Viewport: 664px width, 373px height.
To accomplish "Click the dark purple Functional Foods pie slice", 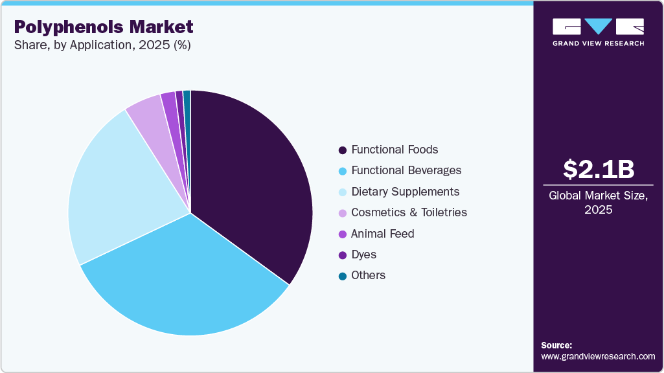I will click(253, 181).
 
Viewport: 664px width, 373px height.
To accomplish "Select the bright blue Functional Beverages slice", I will click(188, 278).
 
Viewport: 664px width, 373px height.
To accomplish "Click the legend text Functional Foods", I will click(395, 150).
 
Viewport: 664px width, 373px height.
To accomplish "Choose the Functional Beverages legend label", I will click(406, 170).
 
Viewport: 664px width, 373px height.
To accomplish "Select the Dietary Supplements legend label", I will click(405, 192).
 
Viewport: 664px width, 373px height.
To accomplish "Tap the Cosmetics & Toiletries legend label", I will click(409, 212).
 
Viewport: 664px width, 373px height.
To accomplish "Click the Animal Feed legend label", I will click(382, 234).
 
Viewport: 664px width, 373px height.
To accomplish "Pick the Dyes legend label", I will click(363, 254).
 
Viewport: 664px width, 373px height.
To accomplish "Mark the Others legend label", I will click(368, 275).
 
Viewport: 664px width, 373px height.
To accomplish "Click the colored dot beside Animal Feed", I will click(342, 234).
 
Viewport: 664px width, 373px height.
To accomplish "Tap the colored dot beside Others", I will click(342, 276).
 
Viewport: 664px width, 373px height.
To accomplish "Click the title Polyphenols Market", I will click(104, 27).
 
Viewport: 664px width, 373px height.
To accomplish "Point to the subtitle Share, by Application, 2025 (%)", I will click(102, 45).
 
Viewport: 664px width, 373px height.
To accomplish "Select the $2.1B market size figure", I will click(598, 169).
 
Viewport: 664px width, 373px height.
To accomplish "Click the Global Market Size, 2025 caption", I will click(598, 202).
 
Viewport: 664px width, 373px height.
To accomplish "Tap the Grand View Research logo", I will click(598, 32).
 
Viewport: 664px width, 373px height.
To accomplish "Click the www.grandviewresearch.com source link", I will click(598, 356).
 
